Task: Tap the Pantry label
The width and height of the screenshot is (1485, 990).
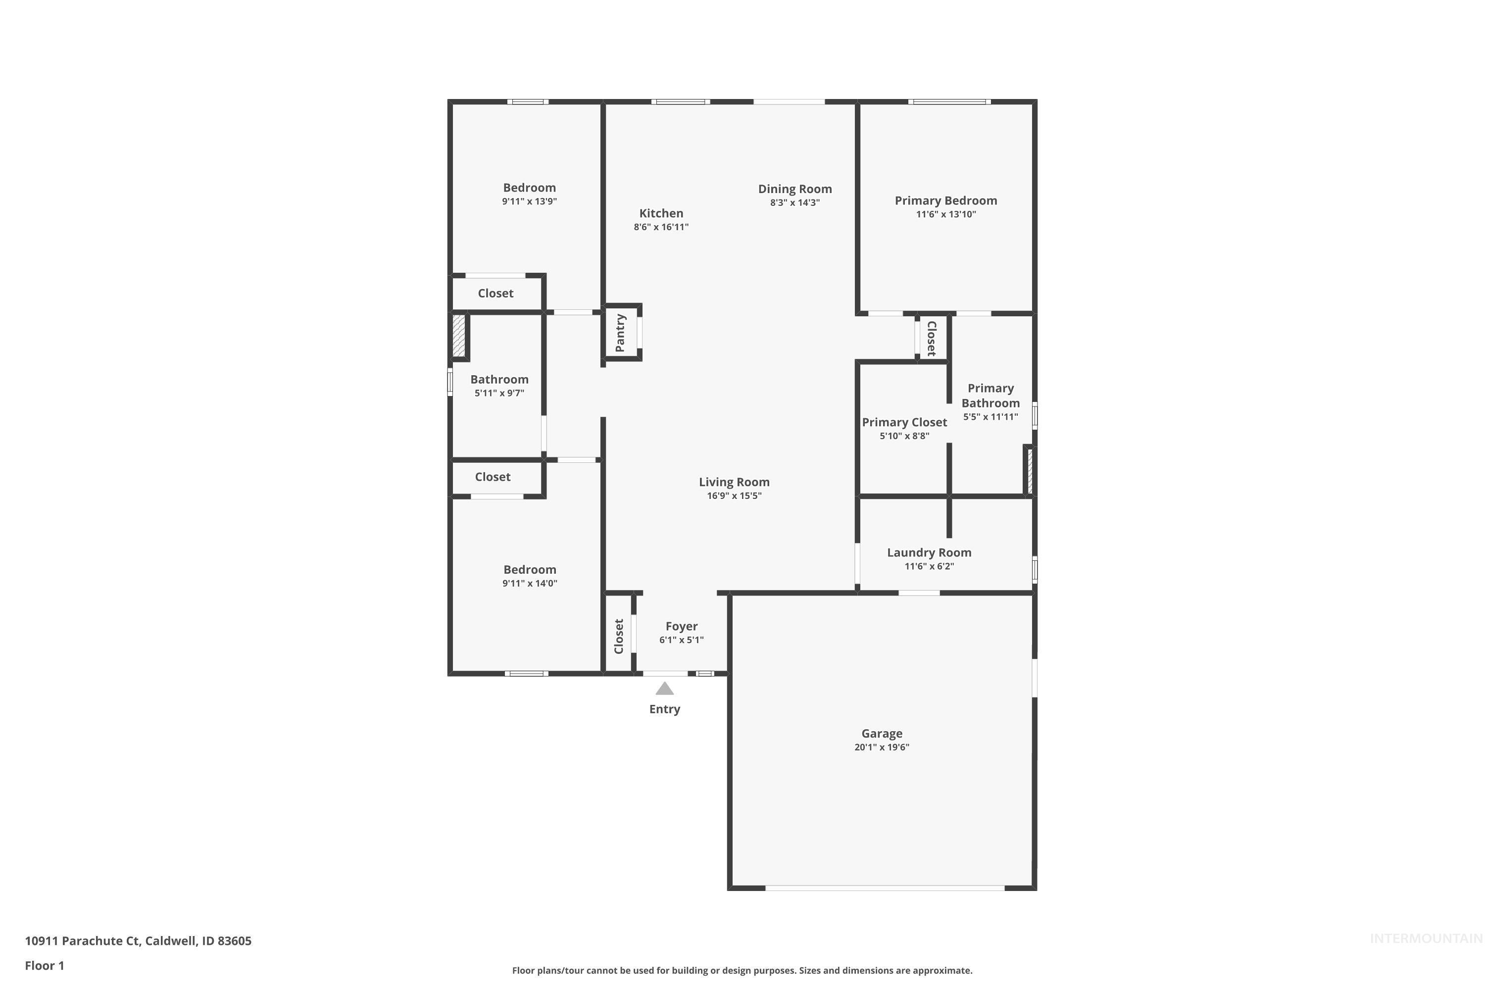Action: pos(620,333)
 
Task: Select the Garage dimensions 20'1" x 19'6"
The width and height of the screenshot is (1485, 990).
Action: pos(882,747)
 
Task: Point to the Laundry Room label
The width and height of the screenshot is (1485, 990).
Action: pos(929,552)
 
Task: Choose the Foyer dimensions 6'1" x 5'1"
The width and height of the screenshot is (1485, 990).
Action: pos(681,640)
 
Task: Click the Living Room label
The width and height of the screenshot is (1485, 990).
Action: pos(734,482)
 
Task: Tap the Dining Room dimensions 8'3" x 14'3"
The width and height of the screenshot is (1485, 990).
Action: pos(794,202)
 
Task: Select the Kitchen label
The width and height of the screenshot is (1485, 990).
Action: pos(661,213)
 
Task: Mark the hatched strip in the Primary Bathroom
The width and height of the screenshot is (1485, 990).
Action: pos(1030,470)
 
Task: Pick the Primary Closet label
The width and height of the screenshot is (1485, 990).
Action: pos(904,422)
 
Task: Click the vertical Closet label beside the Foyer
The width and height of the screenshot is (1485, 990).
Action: pos(619,636)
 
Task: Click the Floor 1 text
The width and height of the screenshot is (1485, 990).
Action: pos(44,965)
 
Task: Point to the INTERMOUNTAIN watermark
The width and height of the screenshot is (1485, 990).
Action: pos(1425,939)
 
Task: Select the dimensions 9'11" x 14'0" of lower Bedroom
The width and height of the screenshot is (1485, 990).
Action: pos(529,584)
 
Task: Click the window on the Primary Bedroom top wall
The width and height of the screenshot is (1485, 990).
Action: pos(949,101)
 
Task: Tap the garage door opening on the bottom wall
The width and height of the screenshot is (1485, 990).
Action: pos(884,888)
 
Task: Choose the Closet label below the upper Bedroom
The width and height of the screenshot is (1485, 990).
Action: pos(495,293)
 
